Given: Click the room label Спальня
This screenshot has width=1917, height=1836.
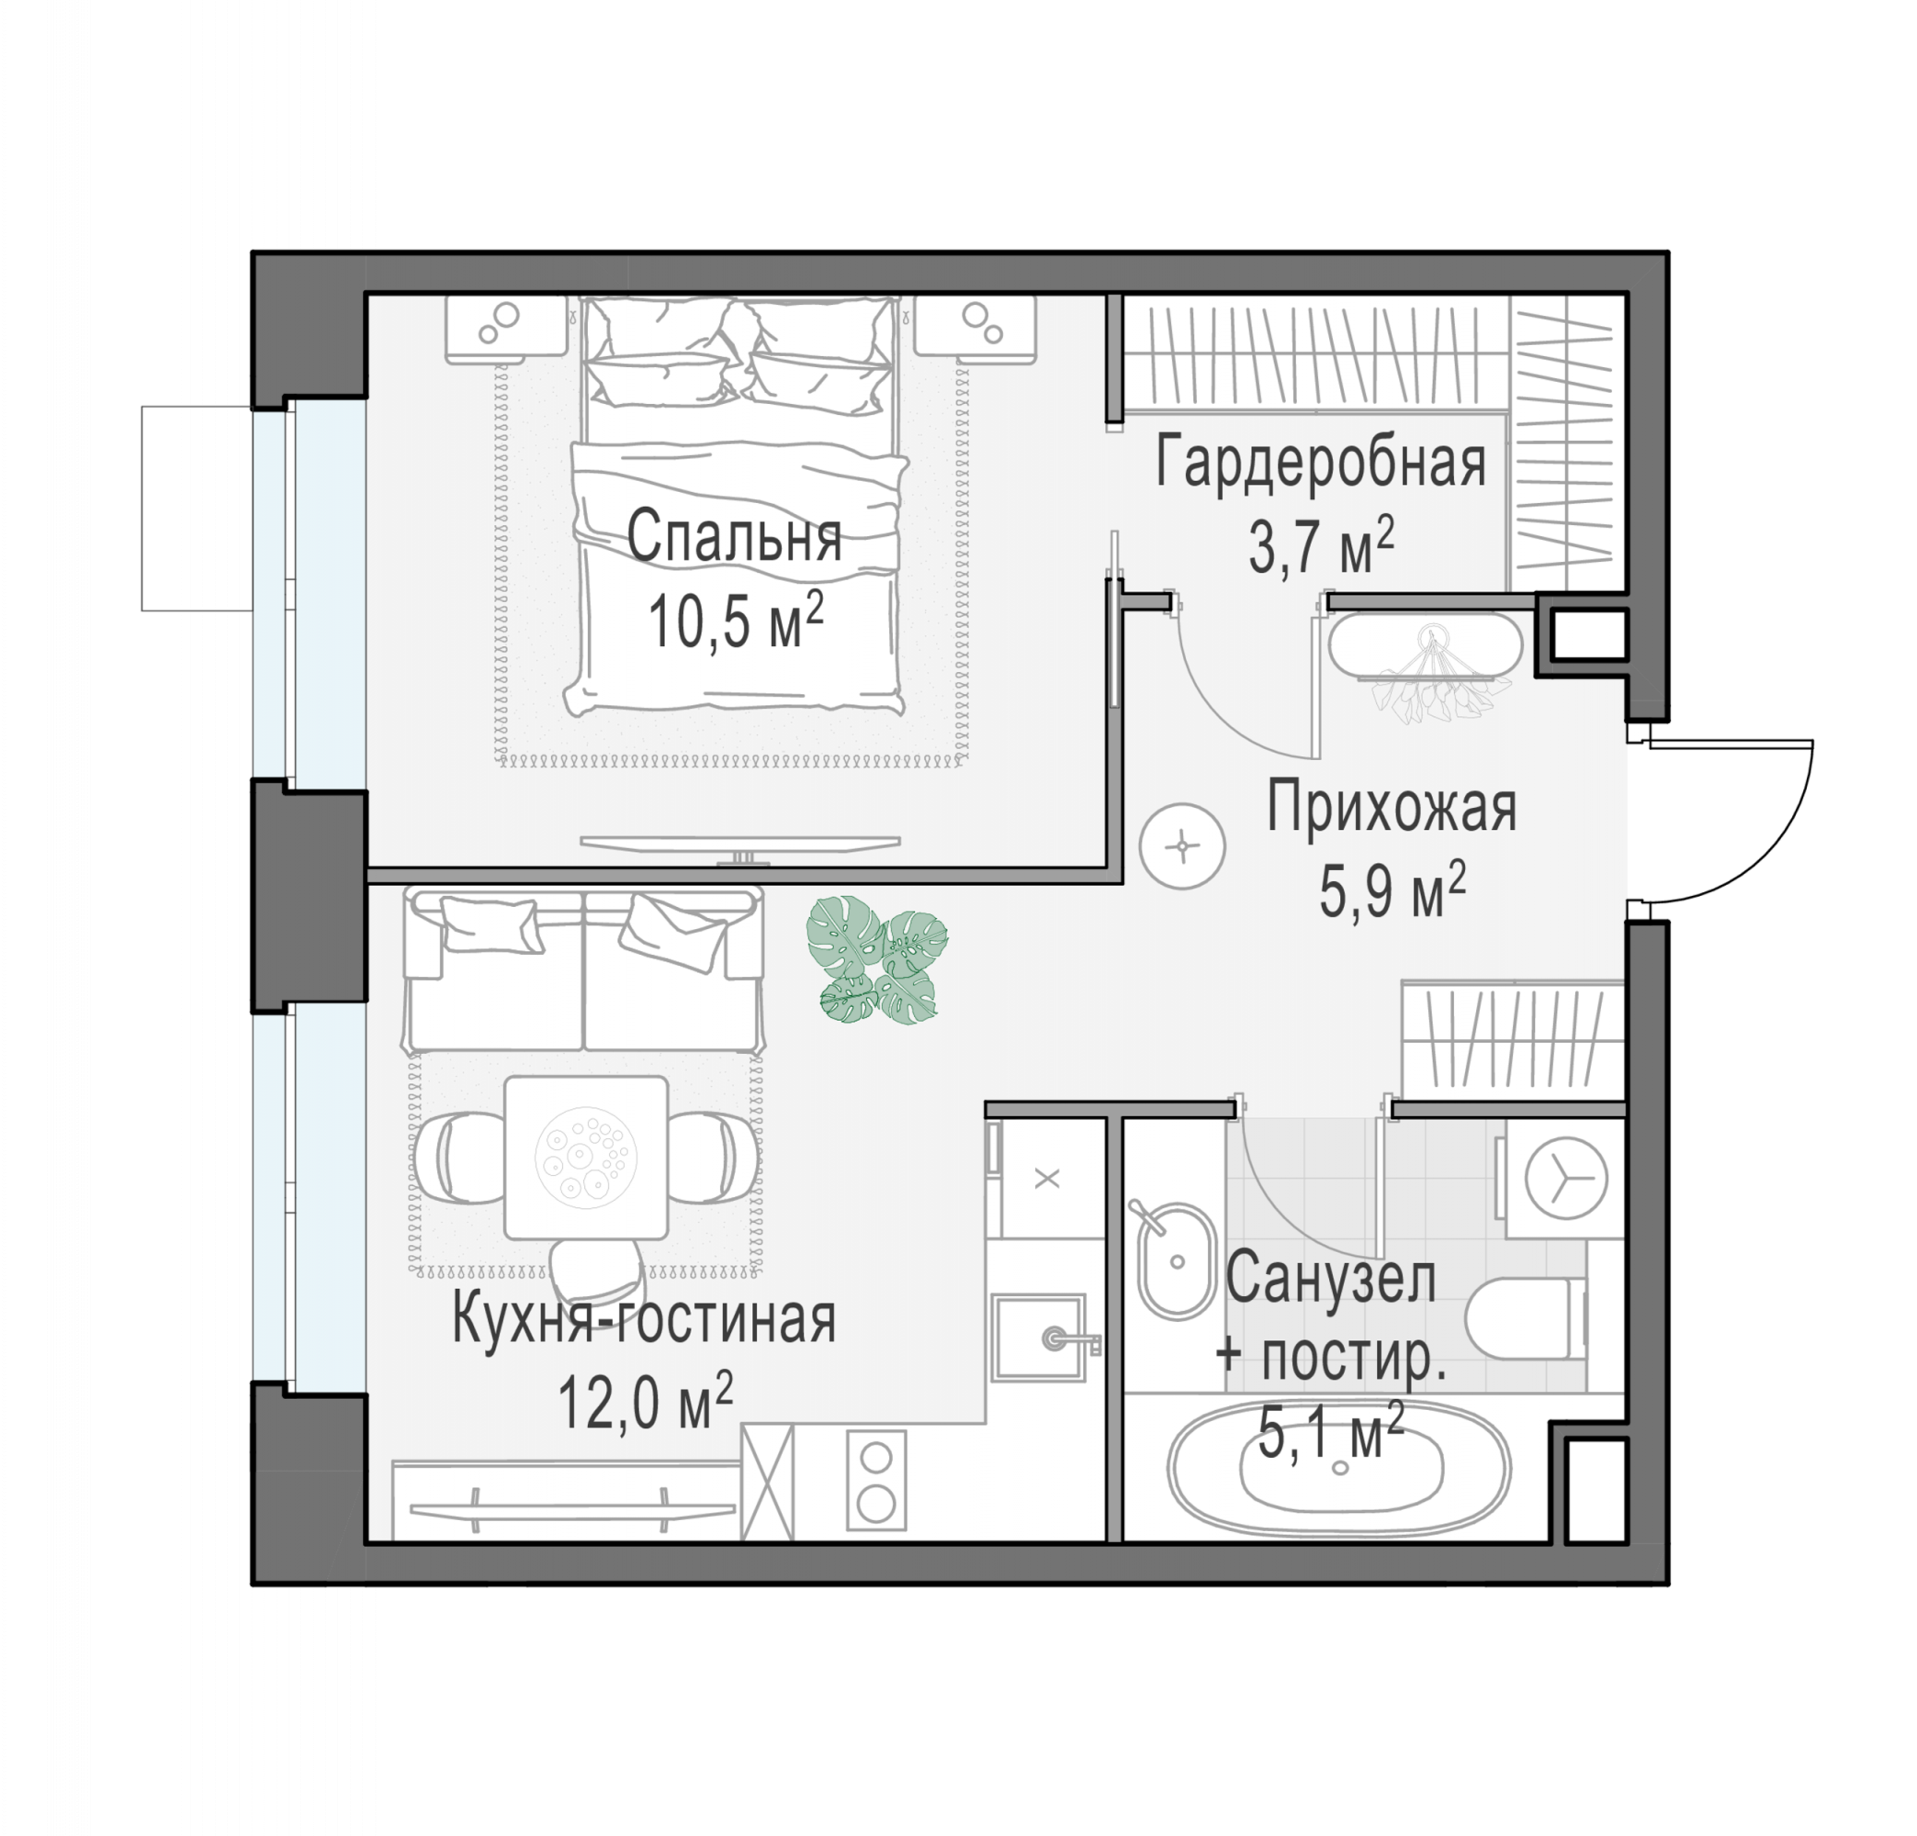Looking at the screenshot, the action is pos(734,538).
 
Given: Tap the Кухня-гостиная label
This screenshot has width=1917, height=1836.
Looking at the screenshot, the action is pos(644,1320).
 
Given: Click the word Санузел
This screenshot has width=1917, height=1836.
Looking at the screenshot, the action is pos(1330,1278).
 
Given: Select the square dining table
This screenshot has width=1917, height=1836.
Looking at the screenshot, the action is pos(586,1158).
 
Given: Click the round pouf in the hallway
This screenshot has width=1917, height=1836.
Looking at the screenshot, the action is pos(1182,845).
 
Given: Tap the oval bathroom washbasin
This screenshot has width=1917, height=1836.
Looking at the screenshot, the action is pos(1177,1262).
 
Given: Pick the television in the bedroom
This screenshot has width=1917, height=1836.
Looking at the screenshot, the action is pos(739,845).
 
